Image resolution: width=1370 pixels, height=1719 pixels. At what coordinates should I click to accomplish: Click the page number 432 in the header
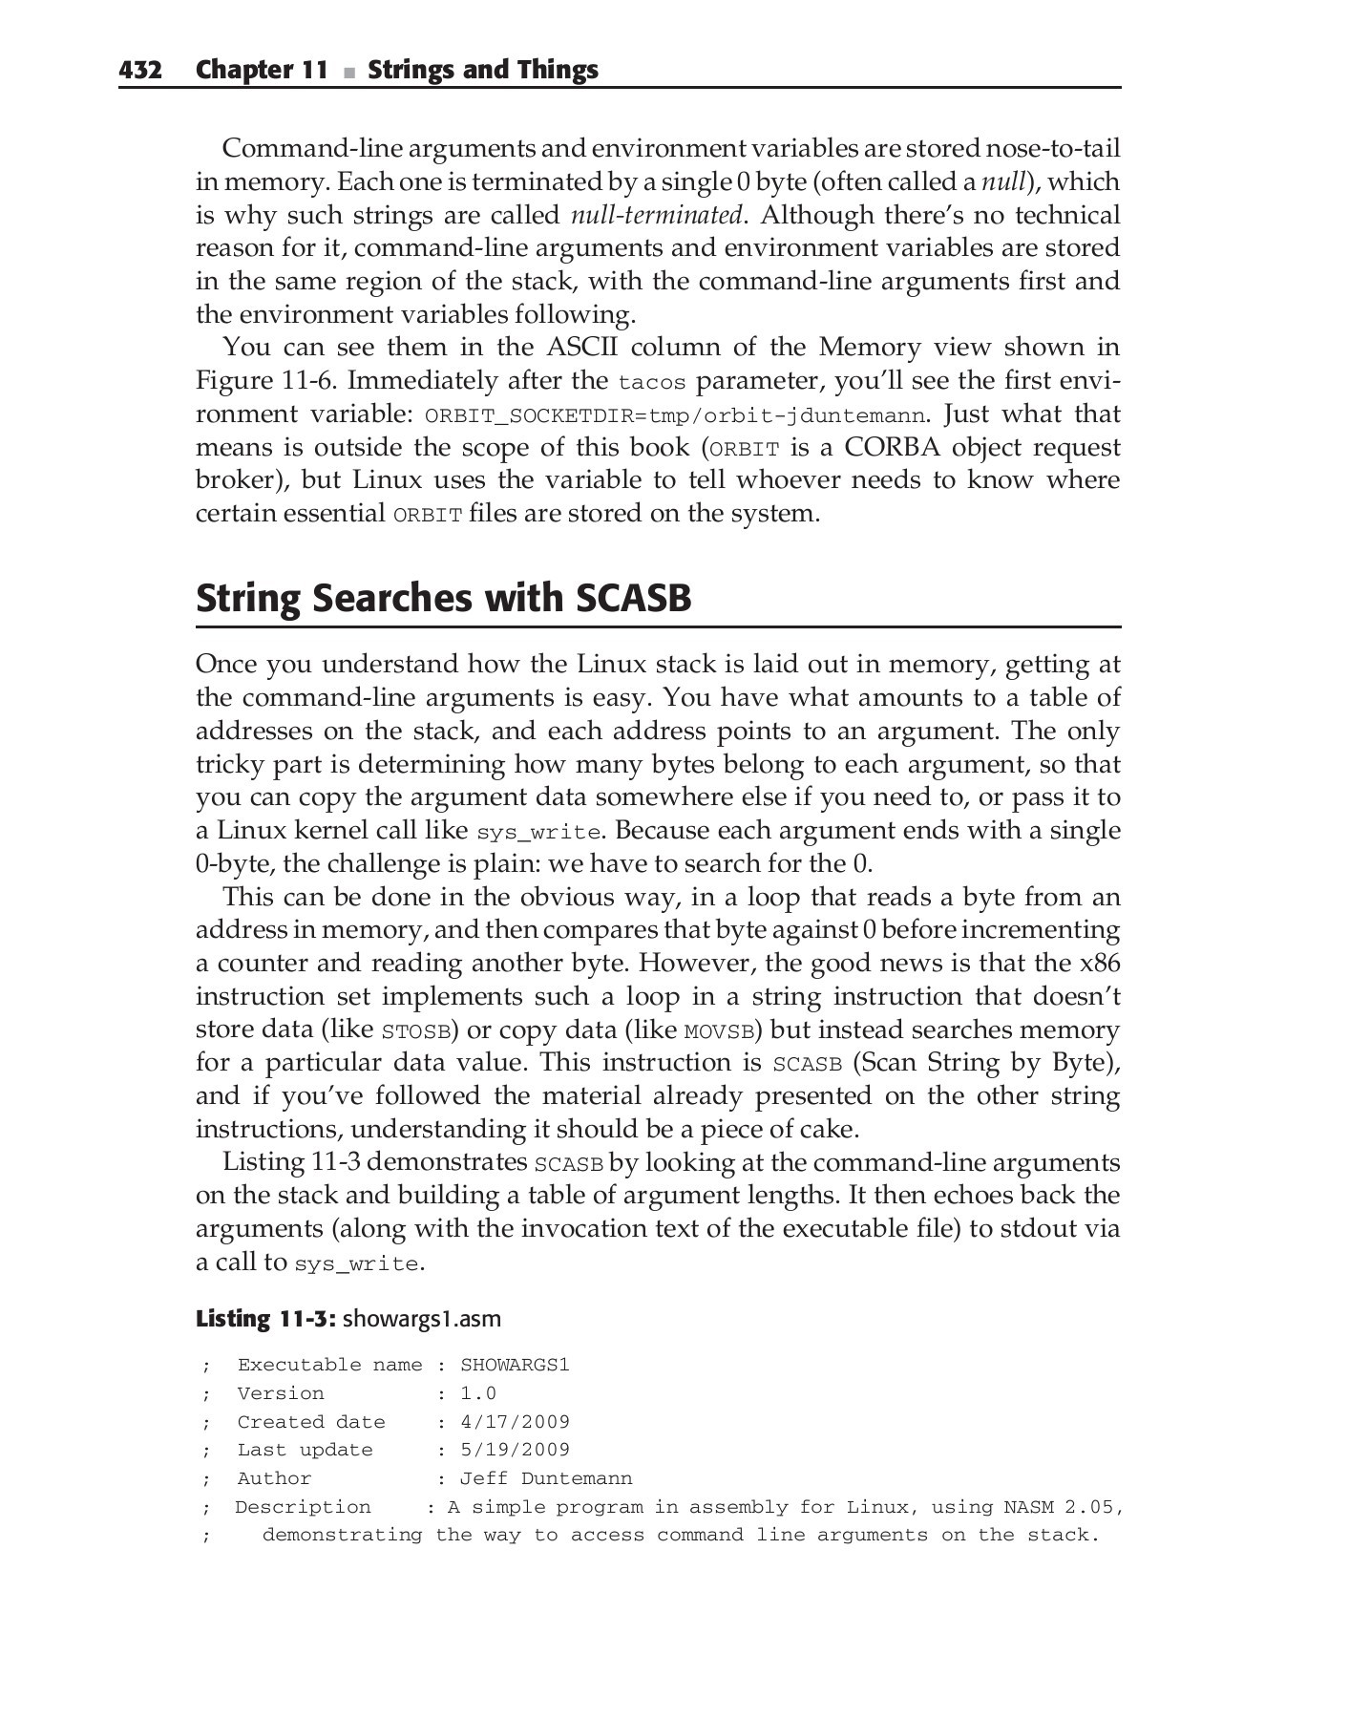(x=139, y=70)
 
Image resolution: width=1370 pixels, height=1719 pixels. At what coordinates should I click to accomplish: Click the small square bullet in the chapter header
(x=348, y=73)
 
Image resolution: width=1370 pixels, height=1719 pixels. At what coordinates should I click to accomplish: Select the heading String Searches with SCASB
(x=443, y=598)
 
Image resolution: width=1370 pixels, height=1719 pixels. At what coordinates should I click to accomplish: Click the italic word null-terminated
(x=656, y=215)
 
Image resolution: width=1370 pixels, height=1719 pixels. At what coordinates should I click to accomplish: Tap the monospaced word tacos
(x=652, y=383)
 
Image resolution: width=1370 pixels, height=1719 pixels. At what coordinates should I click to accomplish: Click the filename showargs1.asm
(x=421, y=1319)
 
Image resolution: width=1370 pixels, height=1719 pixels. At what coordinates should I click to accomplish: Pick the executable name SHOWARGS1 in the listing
(x=515, y=1365)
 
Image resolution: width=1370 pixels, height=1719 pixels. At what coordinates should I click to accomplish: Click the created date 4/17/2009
(x=515, y=1422)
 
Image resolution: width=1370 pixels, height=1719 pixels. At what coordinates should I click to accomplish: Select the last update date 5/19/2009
(x=515, y=1450)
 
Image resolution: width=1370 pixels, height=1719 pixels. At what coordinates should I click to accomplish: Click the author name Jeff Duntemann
(x=546, y=1478)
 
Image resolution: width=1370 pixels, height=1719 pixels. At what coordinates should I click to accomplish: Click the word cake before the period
(x=827, y=1129)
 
